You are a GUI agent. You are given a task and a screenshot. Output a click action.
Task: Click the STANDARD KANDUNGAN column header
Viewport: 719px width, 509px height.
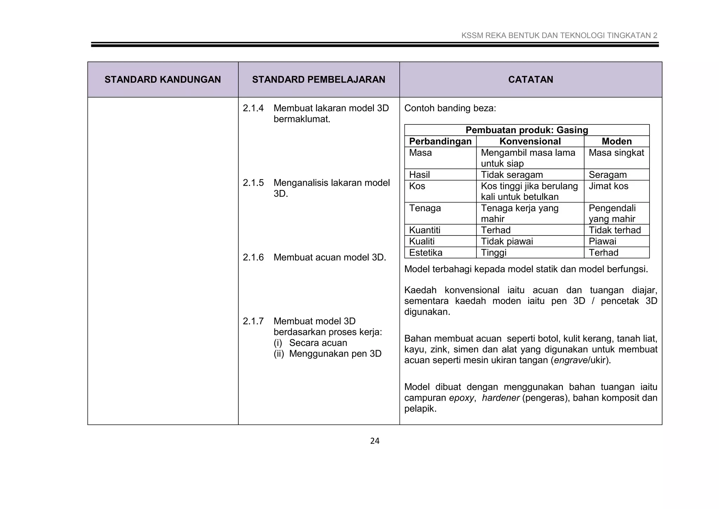click(163, 79)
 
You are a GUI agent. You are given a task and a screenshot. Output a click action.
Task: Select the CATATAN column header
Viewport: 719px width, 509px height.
click(530, 79)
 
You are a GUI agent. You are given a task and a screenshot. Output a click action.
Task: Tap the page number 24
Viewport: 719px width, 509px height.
click(375, 441)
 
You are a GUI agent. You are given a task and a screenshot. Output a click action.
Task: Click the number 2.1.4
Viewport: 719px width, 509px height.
click(253, 108)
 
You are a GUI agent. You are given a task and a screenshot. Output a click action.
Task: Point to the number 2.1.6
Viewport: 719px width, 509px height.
click(253, 257)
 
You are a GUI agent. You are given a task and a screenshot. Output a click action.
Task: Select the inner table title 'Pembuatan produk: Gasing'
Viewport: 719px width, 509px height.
click(527, 130)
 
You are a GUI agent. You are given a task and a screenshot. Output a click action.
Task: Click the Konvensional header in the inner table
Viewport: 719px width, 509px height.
click(530, 141)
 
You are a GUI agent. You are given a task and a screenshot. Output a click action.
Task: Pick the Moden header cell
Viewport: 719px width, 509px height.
click(616, 141)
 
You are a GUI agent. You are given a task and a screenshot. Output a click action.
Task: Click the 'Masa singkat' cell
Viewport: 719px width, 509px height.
click(616, 153)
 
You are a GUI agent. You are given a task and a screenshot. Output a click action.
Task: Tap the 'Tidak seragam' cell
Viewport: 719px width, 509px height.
click(512, 175)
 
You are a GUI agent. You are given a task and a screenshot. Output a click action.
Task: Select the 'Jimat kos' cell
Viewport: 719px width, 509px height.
click(608, 186)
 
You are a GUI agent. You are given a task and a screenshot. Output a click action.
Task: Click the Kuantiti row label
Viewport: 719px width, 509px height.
click(424, 230)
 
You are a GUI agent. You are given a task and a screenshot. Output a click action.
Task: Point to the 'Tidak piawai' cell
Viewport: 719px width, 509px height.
click(507, 241)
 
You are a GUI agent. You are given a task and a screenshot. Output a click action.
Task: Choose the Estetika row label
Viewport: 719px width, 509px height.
click(426, 253)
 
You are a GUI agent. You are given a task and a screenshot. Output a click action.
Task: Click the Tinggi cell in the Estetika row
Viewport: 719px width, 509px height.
click(494, 253)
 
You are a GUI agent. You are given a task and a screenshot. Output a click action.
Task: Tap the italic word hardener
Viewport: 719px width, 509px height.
click(500, 398)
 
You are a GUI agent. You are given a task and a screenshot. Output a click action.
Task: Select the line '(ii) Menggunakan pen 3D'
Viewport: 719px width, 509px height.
click(327, 354)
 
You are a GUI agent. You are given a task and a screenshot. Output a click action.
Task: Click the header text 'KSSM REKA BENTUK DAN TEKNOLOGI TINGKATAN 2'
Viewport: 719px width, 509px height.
click(559, 36)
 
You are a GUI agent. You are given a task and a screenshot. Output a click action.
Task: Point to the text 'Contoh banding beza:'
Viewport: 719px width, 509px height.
click(450, 108)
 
